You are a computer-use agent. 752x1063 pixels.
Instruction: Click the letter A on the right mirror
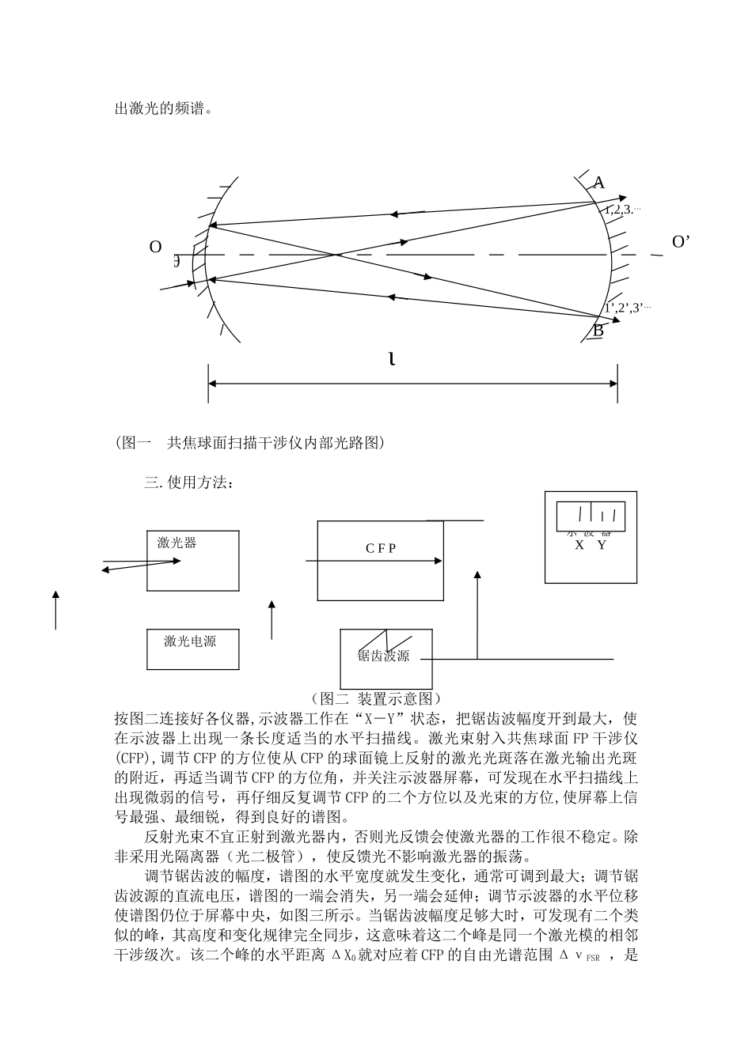(598, 183)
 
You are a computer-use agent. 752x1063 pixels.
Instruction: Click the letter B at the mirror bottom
(598, 331)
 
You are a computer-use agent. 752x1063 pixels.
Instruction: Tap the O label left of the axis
(155, 247)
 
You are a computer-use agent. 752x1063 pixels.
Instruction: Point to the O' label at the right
(681, 242)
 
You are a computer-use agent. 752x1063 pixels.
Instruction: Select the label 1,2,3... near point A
(621, 210)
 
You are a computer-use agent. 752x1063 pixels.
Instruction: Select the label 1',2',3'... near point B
(628, 308)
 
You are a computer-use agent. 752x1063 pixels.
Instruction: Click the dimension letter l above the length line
(392, 360)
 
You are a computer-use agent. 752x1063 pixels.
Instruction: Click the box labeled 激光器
(192, 560)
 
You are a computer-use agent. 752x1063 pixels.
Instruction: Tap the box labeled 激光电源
(192, 649)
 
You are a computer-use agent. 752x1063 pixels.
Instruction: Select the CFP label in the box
(381, 548)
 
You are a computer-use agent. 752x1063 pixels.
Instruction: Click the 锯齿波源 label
(383, 656)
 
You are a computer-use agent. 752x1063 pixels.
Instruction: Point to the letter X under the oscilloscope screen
(579, 545)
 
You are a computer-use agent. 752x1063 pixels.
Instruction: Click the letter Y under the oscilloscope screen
(602, 545)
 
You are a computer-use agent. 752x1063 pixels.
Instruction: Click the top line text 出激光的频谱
(164, 108)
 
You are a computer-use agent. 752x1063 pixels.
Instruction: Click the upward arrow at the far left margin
(55, 609)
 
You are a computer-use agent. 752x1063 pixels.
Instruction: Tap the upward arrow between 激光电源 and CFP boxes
(272, 619)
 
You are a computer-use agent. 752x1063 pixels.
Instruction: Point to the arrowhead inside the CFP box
(438, 561)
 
